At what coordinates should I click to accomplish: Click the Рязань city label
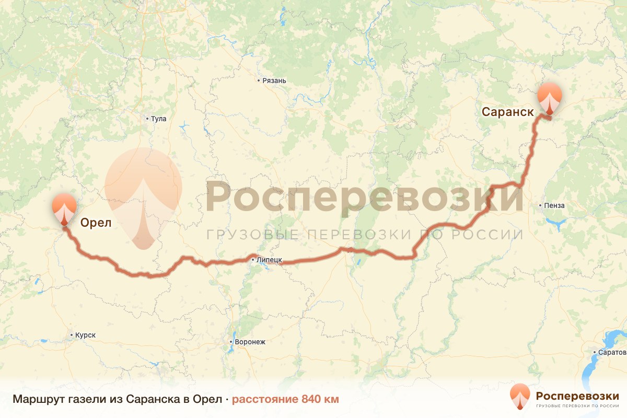tap(274, 80)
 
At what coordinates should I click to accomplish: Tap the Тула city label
tap(158, 119)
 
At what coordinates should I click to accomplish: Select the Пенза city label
tap(554, 205)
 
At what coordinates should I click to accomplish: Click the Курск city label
tap(85, 335)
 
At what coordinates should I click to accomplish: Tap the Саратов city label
tap(612, 352)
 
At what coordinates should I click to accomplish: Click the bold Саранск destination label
tap(507, 112)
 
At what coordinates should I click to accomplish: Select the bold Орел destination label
tap(96, 224)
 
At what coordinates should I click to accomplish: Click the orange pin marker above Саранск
tap(550, 98)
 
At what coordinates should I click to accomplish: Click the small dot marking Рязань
tap(259, 80)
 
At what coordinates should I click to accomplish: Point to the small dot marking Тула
tap(147, 119)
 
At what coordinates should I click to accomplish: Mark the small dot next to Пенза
tap(541, 205)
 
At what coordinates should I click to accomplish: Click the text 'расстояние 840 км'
tap(285, 399)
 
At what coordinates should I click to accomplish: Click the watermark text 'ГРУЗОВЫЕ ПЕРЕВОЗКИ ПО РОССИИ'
tap(365, 234)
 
